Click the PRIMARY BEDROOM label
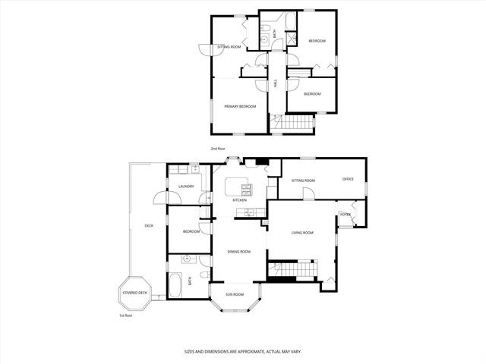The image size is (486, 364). [240, 107]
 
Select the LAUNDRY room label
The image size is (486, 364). [186, 187]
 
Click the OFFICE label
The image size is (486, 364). [348, 180]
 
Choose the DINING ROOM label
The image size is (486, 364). [239, 251]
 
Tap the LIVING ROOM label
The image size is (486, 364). [302, 233]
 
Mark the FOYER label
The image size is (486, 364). [346, 215]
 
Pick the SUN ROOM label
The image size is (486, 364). [234, 294]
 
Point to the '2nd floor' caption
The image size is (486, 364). [218, 149]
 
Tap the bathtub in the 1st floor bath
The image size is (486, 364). [173, 286]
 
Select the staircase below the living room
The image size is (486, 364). [293, 269]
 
